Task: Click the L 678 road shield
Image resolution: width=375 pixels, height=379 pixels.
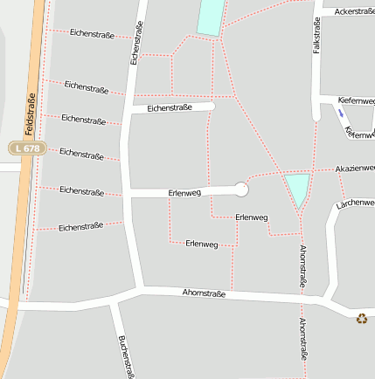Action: [x=26, y=148]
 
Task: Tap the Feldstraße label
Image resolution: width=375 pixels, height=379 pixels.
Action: [x=29, y=114]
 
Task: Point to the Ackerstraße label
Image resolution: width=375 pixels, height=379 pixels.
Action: [x=354, y=11]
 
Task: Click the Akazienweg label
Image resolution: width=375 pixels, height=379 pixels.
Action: [x=355, y=168]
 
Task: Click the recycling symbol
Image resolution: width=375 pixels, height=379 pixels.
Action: [x=362, y=319]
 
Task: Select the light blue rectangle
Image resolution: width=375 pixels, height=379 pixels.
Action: [x=211, y=17]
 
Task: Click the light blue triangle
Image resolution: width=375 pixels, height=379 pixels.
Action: [x=298, y=188]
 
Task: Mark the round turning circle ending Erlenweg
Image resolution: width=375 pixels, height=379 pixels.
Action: [x=242, y=189]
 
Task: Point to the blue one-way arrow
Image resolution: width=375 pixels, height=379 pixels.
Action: [x=341, y=113]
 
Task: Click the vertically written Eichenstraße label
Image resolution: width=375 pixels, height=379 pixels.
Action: [x=136, y=44]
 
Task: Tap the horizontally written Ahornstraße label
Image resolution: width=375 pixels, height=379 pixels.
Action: [x=204, y=293]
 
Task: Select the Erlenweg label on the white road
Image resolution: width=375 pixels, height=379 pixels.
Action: [x=184, y=192]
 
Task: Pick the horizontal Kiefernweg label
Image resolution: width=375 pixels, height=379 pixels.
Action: [x=356, y=101]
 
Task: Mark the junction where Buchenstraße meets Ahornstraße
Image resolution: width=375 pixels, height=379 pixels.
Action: [x=116, y=304]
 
